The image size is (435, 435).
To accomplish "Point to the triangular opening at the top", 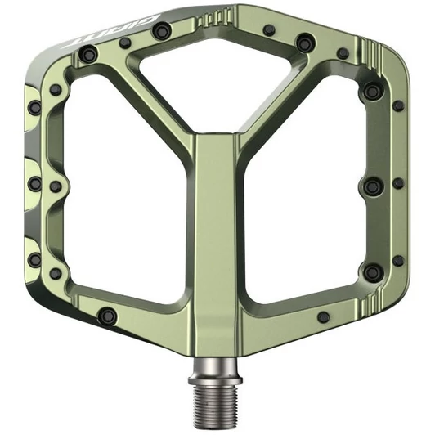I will [217, 78].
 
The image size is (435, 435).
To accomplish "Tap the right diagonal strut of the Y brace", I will [282, 98].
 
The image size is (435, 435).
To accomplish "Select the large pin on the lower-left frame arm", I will [105, 315].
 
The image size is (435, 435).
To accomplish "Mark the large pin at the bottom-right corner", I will [372, 272].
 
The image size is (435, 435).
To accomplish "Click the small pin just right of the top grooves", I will [268, 30].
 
